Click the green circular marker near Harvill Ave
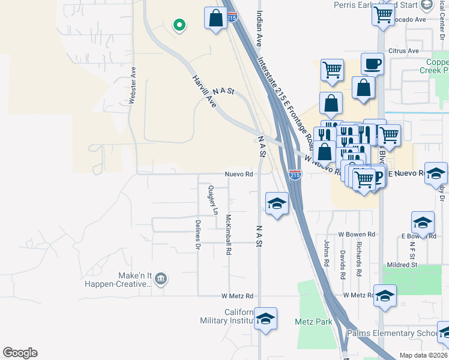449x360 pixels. (178, 25)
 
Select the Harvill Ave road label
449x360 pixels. (203, 92)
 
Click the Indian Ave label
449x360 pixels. (259, 28)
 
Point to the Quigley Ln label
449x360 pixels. (211, 200)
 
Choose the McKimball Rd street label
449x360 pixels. (228, 235)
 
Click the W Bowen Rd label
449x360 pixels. (357, 234)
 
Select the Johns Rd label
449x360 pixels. (327, 253)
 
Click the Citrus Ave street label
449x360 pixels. (403, 51)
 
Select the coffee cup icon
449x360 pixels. (372, 63)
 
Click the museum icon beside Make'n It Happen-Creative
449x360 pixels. (160, 278)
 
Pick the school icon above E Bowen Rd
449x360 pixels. (423, 222)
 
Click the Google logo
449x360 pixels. (20, 353)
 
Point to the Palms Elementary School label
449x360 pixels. (394, 334)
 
